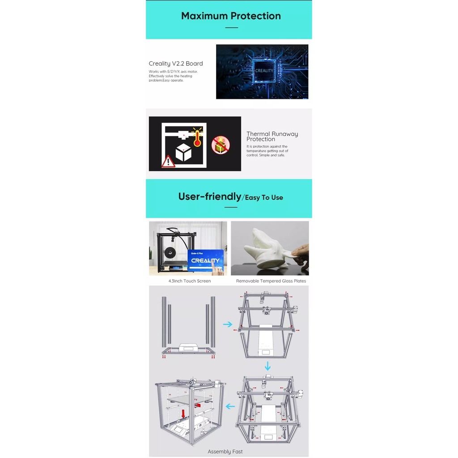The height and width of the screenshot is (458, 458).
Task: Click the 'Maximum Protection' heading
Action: pyautogui.click(x=231, y=16)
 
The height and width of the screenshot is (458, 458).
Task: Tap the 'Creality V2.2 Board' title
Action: pyautogui.click(x=176, y=64)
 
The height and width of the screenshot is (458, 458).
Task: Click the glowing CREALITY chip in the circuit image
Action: pyautogui.click(x=264, y=71)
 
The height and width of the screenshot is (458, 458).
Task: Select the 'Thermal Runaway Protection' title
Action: pyautogui.click(x=272, y=136)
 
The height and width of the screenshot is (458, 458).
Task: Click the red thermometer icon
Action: pyautogui.click(x=197, y=138)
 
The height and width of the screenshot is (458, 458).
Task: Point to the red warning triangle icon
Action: pyautogui.click(x=168, y=161)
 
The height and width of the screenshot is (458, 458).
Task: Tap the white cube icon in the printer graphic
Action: pyautogui.click(x=183, y=152)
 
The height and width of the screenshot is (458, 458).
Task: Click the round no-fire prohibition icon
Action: pyautogui.click(x=221, y=145)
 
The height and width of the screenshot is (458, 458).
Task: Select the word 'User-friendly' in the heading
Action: pyautogui.click(x=209, y=196)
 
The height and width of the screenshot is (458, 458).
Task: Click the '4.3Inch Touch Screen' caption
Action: pyautogui.click(x=190, y=281)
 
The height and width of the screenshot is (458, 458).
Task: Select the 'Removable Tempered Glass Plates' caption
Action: pyautogui.click(x=271, y=281)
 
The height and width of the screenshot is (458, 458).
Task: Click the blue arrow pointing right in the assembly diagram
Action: pyautogui.click(x=228, y=324)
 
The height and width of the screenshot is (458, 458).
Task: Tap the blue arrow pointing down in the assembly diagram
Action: pyautogui.click(x=267, y=366)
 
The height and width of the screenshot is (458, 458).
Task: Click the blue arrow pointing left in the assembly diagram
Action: pyautogui.click(x=230, y=407)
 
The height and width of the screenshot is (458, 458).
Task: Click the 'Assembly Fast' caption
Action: pyautogui.click(x=225, y=452)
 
